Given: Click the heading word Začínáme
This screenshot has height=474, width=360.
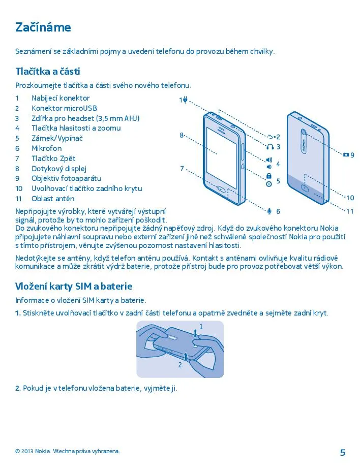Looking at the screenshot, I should coord(43,27).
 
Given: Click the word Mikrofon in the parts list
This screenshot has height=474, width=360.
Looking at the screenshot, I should coord(46,148).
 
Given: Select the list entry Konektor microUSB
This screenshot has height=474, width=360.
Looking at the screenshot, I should coord(64,108).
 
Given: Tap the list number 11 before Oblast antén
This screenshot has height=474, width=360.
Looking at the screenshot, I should coord(18,199).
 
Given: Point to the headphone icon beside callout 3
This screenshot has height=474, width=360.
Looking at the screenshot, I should coord(269,147).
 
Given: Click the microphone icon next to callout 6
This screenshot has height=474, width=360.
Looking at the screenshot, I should coord(269,211).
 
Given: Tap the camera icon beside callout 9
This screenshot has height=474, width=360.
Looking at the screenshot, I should coord(346,154).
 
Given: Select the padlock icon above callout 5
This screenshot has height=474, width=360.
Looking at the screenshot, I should coord(269,176).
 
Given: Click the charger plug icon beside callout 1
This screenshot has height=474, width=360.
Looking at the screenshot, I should coord(186,100).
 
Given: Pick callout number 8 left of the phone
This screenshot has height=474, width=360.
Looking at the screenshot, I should coord(181,135).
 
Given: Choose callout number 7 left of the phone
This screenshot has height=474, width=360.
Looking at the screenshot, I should coord(182,168).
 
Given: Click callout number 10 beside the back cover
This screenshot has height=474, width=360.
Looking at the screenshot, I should coord(350,198).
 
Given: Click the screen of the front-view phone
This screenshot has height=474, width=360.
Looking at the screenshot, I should coord(221,152).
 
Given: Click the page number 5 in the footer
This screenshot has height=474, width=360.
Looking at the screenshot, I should coord(342,452).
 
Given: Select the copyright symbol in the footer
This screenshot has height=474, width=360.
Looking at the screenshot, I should coord(17,451).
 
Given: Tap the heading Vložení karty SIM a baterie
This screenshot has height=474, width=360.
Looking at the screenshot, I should coord(73,287).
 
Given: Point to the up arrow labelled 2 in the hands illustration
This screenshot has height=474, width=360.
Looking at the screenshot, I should coord(187,357).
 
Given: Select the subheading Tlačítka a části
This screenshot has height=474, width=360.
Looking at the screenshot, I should coord(48,71).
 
